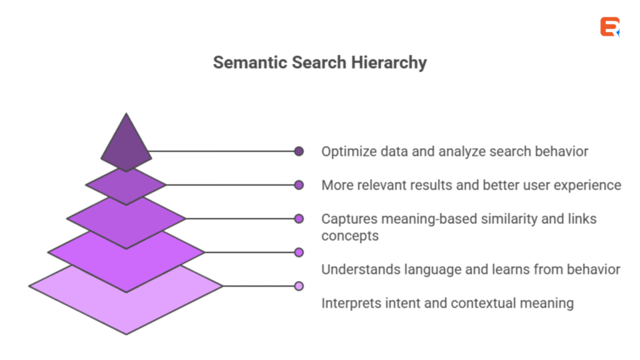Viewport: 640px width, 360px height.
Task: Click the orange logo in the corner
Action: coord(609,27)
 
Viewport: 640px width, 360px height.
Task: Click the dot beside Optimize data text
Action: coord(299,151)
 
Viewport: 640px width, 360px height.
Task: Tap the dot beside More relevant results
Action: coord(299,185)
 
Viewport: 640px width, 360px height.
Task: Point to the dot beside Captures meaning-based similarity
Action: coord(299,219)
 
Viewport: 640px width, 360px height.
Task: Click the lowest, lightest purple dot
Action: coord(299,286)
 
